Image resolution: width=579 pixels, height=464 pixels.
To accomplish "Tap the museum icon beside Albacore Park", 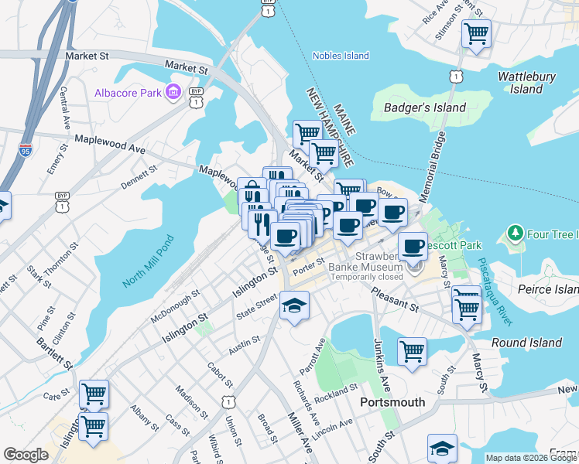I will (x=173, y=93).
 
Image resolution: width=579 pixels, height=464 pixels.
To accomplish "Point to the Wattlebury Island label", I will (x=526, y=83).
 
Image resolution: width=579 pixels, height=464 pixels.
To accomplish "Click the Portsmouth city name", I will (x=392, y=402).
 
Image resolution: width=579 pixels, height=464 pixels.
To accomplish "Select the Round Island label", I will (x=526, y=343).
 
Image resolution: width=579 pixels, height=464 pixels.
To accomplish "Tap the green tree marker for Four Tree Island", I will (x=514, y=233).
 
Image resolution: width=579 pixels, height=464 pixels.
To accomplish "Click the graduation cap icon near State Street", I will (x=294, y=306).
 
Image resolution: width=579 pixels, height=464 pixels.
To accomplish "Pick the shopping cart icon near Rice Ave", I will (x=475, y=33).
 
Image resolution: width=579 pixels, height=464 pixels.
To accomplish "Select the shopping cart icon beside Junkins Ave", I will (x=413, y=351).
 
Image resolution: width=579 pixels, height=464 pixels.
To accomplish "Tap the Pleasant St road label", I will (x=395, y=299).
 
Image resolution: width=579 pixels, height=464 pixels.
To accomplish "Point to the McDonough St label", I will (x=175, y=300).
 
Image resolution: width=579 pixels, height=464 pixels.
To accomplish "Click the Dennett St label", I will (x=139, y=175).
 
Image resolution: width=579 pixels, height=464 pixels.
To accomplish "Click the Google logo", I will (x=26, y=455).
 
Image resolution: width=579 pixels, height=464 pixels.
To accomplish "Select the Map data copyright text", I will (x=530, y=458).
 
